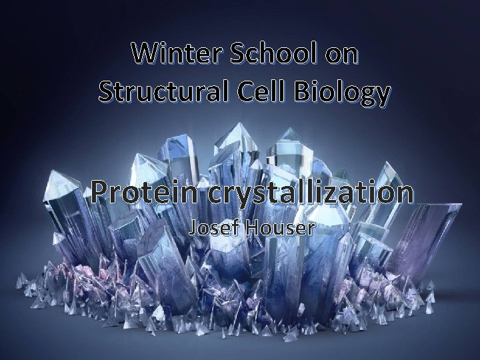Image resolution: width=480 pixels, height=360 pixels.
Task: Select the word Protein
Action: (x=145, y=193)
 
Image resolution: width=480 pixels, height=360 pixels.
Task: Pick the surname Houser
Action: (x=276, y=228)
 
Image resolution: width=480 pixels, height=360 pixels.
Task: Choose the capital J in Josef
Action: (x=193, y=229)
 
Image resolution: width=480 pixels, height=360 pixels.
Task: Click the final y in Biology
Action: (x=381, y=97)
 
